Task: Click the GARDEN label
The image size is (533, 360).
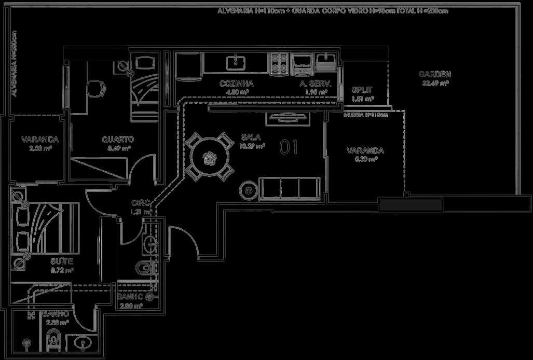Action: tap(434, 74)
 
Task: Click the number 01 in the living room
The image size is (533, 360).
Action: tap(289, 147)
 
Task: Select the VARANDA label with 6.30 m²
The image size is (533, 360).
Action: tap(365, 151)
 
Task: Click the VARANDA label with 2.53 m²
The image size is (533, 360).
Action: tap(39, 140)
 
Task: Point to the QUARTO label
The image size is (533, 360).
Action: tap(118, 139)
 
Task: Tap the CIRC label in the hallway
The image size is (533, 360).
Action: tap(141, 203)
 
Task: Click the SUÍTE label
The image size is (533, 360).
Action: tap(62, 261)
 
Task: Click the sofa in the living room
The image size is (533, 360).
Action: tap(289, 188)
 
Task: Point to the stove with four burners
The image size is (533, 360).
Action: tap(280, 64)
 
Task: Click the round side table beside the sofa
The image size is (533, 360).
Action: tap(249, 190)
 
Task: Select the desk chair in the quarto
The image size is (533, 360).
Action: tap(95, 88)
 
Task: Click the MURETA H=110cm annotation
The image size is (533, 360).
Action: tap(365, 115)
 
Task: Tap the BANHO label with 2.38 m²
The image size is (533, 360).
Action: tap(56, 314)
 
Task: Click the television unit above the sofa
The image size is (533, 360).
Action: tap(286, 118)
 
